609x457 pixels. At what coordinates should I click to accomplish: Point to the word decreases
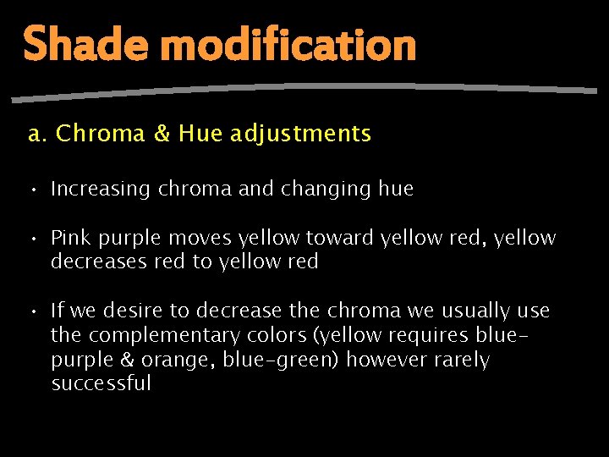click(99, 262)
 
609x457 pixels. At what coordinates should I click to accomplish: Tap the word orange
click(181, 360)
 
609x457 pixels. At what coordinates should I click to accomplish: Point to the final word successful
click(101, 383)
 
